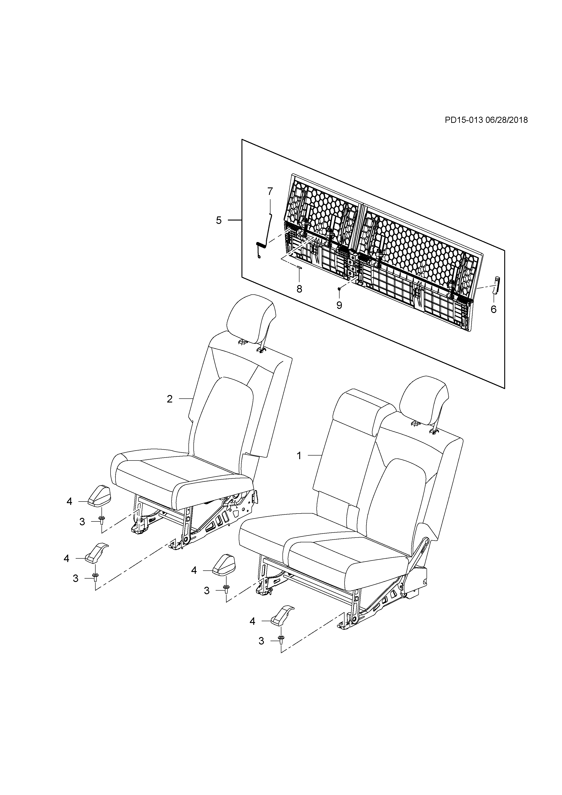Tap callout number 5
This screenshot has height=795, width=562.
pyautogui.click(x=219, y=220)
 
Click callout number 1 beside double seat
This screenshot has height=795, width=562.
pyautogui.click(x=299, y=456)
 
